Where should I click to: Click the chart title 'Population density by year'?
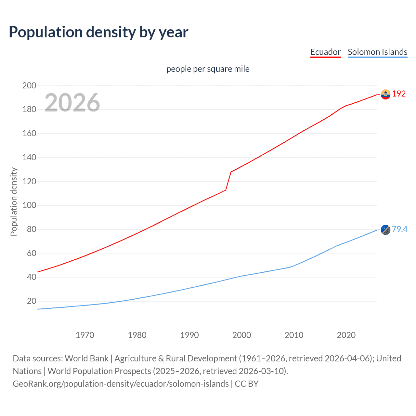(98, 32)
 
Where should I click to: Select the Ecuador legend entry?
(325, 52)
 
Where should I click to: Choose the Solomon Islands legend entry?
(377, 52)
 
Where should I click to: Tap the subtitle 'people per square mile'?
(208, 69)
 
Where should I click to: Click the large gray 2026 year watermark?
(72, 102)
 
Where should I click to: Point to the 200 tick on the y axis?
(29, 85)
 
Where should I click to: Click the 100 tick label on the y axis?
(29, 205)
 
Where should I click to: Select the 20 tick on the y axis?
(32, 301)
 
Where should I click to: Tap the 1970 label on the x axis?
(85, 335)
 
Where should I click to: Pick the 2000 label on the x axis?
(241, 335)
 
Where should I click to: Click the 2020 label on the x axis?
(346, 335)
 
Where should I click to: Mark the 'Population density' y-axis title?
(14, 201)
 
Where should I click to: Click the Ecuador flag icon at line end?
(385, 94)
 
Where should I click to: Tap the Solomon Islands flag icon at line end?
(385, 230)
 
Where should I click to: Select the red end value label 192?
(399, 94)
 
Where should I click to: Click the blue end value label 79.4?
(399, 229)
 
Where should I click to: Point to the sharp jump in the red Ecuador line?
(228, 181)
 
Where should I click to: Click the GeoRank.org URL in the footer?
(121, 384)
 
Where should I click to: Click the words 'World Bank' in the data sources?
(86, 358)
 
